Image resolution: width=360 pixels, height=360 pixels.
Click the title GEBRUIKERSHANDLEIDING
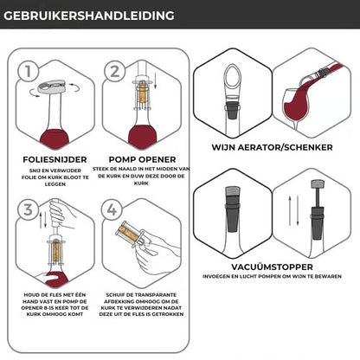tap(89, 16)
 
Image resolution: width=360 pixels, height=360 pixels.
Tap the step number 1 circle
tap(28, 71)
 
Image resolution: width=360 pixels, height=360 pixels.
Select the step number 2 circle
tap(115, 71)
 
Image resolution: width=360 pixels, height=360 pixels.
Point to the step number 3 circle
tap(28, 209)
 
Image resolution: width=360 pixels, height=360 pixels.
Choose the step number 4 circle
tap(112, 209)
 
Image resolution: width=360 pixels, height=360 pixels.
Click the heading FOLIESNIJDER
tap(55, 159)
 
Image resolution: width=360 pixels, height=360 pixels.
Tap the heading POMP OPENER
tap(142, 159)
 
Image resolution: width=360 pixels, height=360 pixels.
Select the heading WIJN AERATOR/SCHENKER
tap(272, 147)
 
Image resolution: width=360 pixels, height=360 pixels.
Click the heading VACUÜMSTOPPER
tap(272, 267)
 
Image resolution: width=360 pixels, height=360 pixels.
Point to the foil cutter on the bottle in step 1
tap(55, 87)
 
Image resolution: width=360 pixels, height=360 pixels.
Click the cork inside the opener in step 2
tap(143, 92)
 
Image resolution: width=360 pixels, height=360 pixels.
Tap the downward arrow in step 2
tap(155, 80)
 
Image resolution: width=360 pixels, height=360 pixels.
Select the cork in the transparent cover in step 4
tap(128, 233)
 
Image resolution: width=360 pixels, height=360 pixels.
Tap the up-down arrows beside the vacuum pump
tap(293, 211)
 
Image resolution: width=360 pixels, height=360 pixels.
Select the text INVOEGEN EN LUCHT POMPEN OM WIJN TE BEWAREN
tap(272, 276)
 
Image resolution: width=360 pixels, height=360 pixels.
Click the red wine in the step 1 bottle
tap(55, 139)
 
